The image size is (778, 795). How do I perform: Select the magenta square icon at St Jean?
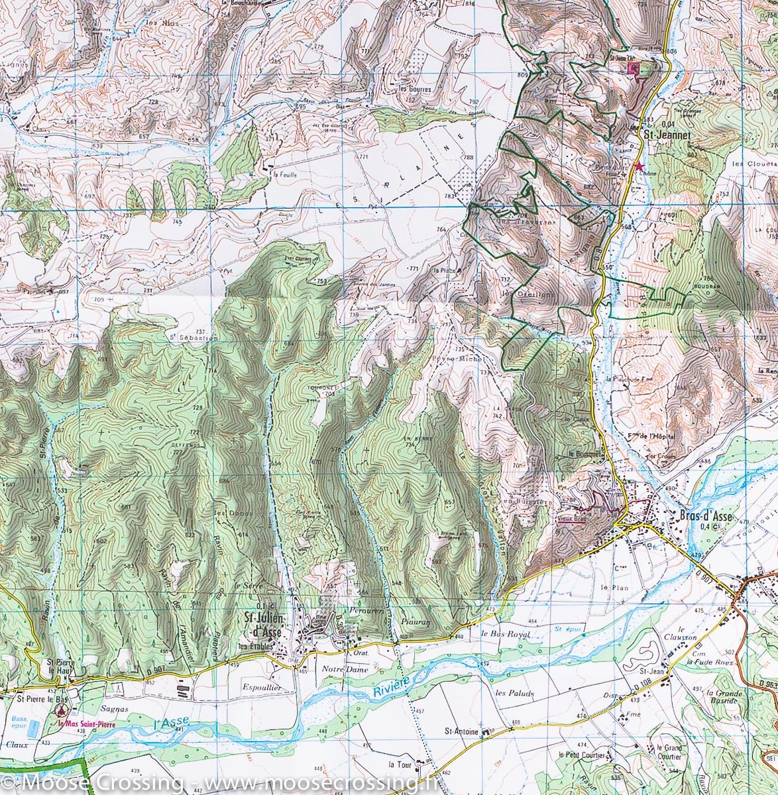(x=633, y=68)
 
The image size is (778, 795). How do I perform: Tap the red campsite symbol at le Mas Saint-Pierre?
(x=61, y=711)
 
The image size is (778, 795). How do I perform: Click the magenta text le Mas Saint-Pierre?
(x=86, y=724)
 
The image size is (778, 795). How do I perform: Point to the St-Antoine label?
(x=462, y=732)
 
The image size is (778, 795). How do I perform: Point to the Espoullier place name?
(x=262, y=688)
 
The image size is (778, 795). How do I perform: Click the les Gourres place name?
(x=415, y=89)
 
